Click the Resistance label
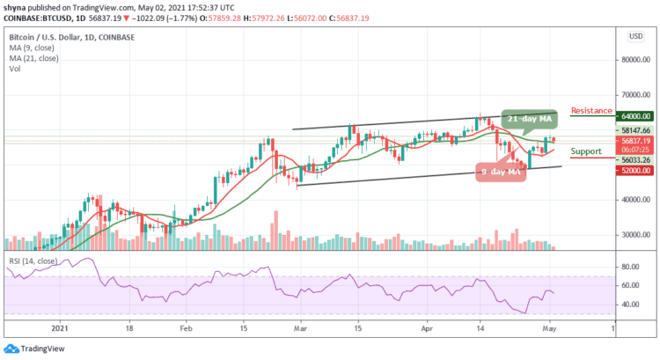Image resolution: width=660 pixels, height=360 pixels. click(592, 111)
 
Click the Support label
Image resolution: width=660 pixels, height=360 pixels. click(586, 151)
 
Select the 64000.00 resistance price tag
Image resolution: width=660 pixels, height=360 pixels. click(632, 115)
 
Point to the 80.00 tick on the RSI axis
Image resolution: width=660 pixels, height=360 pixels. click(628, 266)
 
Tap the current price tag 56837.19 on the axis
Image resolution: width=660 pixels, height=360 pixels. click(632, 140)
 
